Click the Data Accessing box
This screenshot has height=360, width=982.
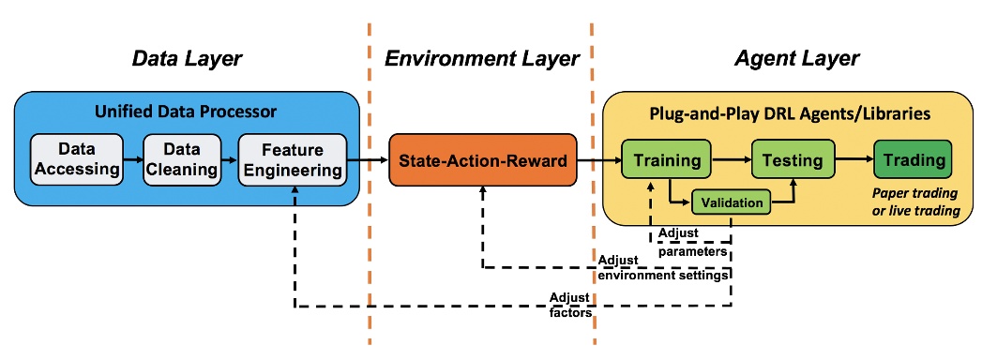pos(77,160)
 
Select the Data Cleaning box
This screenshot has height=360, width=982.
pos(182,160)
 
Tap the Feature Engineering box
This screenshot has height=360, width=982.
pos(292,160)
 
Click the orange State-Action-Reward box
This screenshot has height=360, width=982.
pos(482,161)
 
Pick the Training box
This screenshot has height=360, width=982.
pos(667,160)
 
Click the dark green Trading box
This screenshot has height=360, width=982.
pos(913,160)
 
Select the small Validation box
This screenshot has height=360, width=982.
pos(732,201)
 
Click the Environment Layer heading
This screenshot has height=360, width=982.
pos(482,59)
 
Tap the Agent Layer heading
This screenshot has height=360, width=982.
pos(797,59)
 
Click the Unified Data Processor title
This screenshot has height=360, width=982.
pos(186,112)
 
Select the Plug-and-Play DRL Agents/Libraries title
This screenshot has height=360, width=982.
pos(790,112)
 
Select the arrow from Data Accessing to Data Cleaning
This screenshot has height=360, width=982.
pos(132,160)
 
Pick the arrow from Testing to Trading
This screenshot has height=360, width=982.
pos(853,160)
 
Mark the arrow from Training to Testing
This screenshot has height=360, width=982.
pos(731,160)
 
